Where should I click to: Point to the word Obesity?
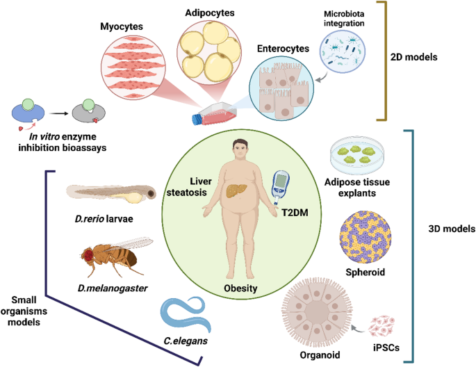click(240, 287)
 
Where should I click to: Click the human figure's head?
click(241, 149)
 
